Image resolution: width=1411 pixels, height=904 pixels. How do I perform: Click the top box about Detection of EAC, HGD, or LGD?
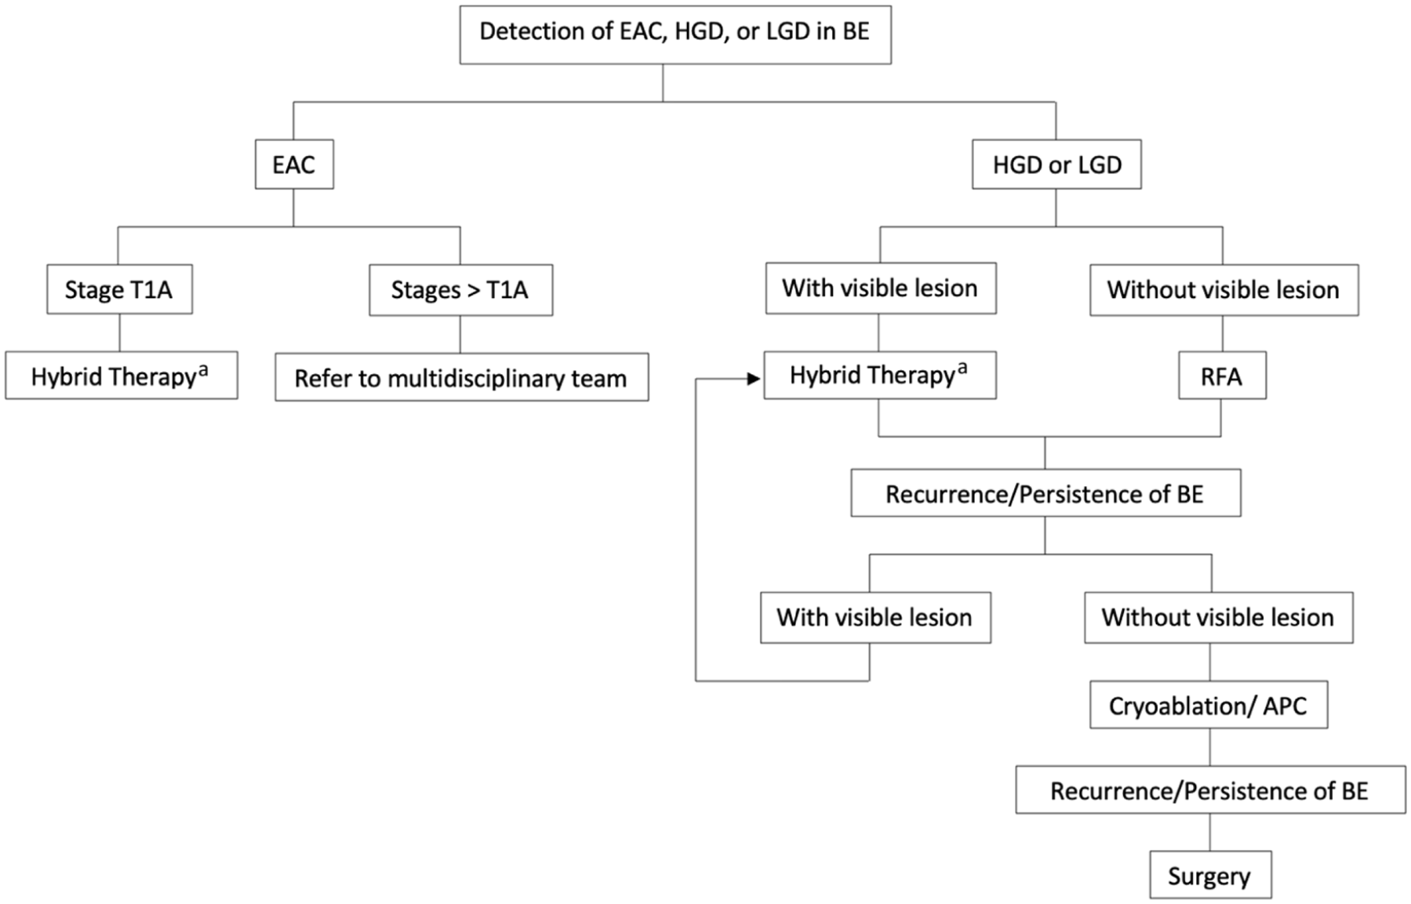(675, 34)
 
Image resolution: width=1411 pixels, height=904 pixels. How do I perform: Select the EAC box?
(294, 164)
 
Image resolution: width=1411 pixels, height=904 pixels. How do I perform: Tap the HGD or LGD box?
(1056, 164)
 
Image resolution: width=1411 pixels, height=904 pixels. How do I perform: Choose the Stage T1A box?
(119, 289)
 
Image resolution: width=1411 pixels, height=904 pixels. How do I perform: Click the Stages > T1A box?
(460, 289)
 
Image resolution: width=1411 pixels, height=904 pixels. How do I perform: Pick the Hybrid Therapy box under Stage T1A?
(122, 376)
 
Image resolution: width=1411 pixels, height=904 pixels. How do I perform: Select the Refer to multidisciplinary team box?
(461, 377)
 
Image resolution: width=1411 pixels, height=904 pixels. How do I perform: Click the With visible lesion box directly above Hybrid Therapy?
(881, 289)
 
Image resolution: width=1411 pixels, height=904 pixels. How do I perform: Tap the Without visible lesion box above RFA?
(1224, 289)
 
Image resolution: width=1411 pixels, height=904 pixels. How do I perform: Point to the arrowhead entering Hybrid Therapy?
(755, 379)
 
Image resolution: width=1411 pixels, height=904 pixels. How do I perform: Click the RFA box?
(1222, 376)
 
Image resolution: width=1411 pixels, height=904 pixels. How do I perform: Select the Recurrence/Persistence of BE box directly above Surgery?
(1210, 790)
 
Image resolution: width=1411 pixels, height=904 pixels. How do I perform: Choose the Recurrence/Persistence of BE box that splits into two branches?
(1046, 493)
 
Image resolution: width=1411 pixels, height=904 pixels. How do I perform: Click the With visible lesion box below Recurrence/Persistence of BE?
(875, 618)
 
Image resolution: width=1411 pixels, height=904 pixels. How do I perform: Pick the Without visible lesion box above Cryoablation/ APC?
(1218, 618)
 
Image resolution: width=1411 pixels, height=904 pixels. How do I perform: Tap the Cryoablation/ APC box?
(1209, 705)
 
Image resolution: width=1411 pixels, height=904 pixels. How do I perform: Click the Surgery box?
(1210, 875)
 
